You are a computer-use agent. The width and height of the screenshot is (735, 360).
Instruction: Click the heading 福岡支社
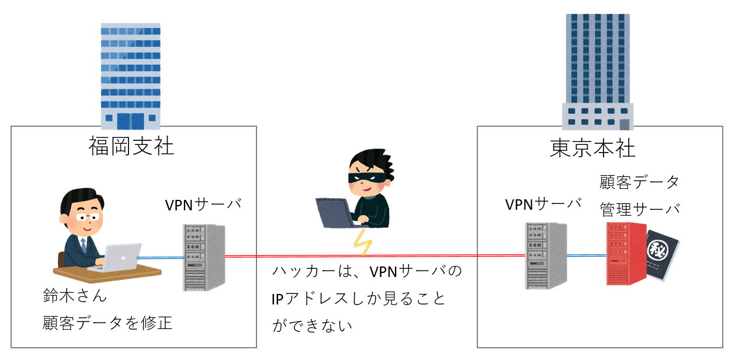click(131, 146)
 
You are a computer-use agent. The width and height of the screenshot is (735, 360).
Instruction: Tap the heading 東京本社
click(592, 148)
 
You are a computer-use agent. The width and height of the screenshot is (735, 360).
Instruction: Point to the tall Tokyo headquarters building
click(597, 67)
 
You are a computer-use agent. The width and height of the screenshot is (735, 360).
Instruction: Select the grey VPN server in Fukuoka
click(203, 257)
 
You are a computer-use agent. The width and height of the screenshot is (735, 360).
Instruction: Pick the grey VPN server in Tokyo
click(545, 255)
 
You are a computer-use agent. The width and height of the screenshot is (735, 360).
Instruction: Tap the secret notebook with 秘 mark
click(663, 255)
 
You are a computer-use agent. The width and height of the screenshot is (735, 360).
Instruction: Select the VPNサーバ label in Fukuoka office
click(203, 205)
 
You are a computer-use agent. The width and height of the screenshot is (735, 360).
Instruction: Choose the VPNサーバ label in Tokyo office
click(543, 204)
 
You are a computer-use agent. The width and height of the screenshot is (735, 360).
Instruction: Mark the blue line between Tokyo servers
click(586, 255)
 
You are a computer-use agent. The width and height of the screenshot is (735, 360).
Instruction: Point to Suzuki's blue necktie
click(84, 245)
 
